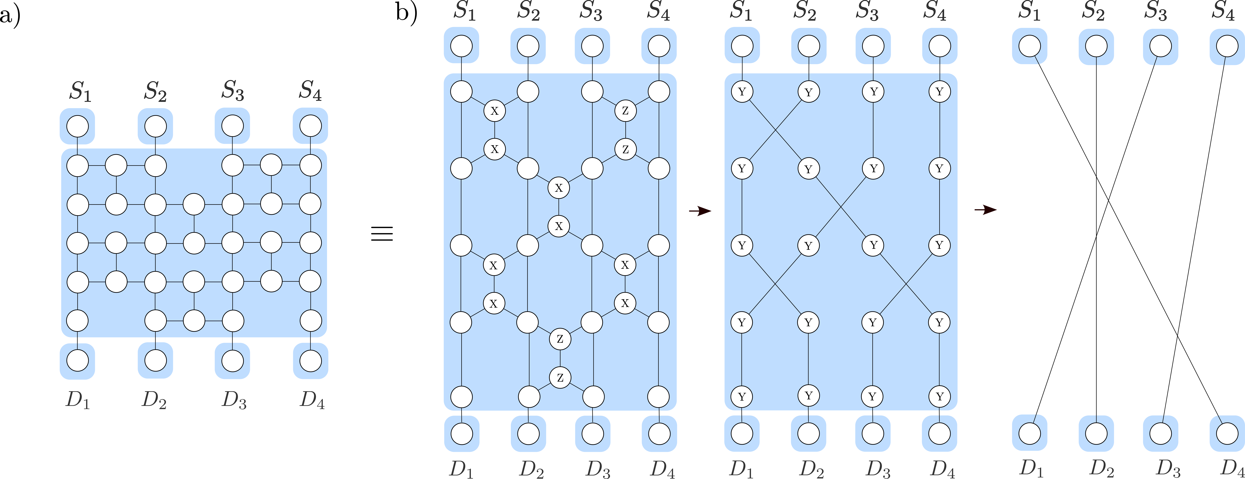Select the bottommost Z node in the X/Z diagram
point(560,378)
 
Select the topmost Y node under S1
point(742,92)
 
